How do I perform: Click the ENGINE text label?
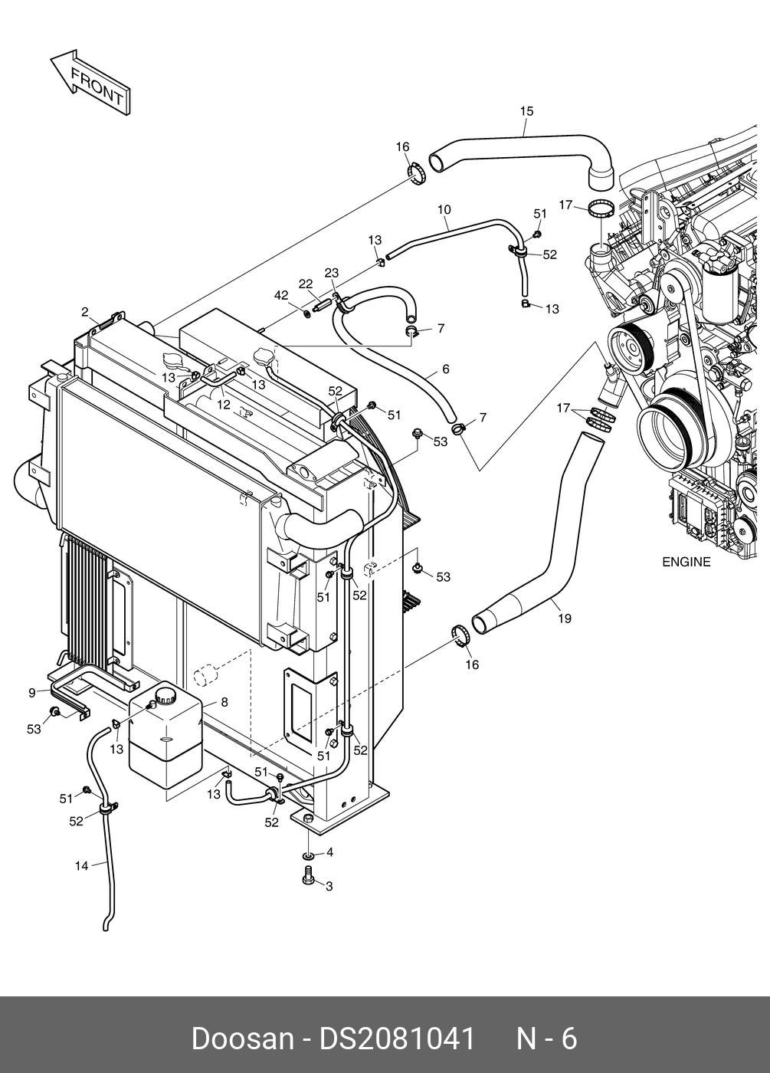coord(686,562)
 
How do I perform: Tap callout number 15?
coord(526,111)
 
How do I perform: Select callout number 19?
coord(565,619)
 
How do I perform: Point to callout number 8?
coord(224,702)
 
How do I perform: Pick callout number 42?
coord(281,295)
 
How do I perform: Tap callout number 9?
coord(32,693)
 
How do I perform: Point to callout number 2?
coord(85,313)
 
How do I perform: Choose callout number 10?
coord(444,209)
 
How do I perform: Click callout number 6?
coord(446,369)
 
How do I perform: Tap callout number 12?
coord(224,405)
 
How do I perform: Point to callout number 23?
coord(331,273)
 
